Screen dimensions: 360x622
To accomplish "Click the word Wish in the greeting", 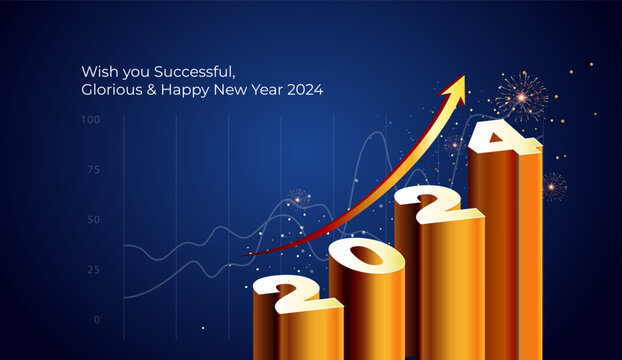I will tap(97, 71).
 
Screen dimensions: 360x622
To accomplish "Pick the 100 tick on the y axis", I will tap(91, 120).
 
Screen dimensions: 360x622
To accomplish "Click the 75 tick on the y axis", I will tap(94, 170).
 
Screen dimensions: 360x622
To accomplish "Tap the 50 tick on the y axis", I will tap(94, 220).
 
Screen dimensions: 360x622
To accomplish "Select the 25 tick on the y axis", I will tap(94, 270).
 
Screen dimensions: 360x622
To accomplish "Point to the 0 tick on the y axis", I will tap(97, 320).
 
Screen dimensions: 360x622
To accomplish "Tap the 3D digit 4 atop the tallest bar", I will tap(502, 136).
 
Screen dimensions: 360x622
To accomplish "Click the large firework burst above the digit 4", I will tap(520, 96).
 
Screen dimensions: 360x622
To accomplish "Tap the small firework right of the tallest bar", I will tap(554, 185).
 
